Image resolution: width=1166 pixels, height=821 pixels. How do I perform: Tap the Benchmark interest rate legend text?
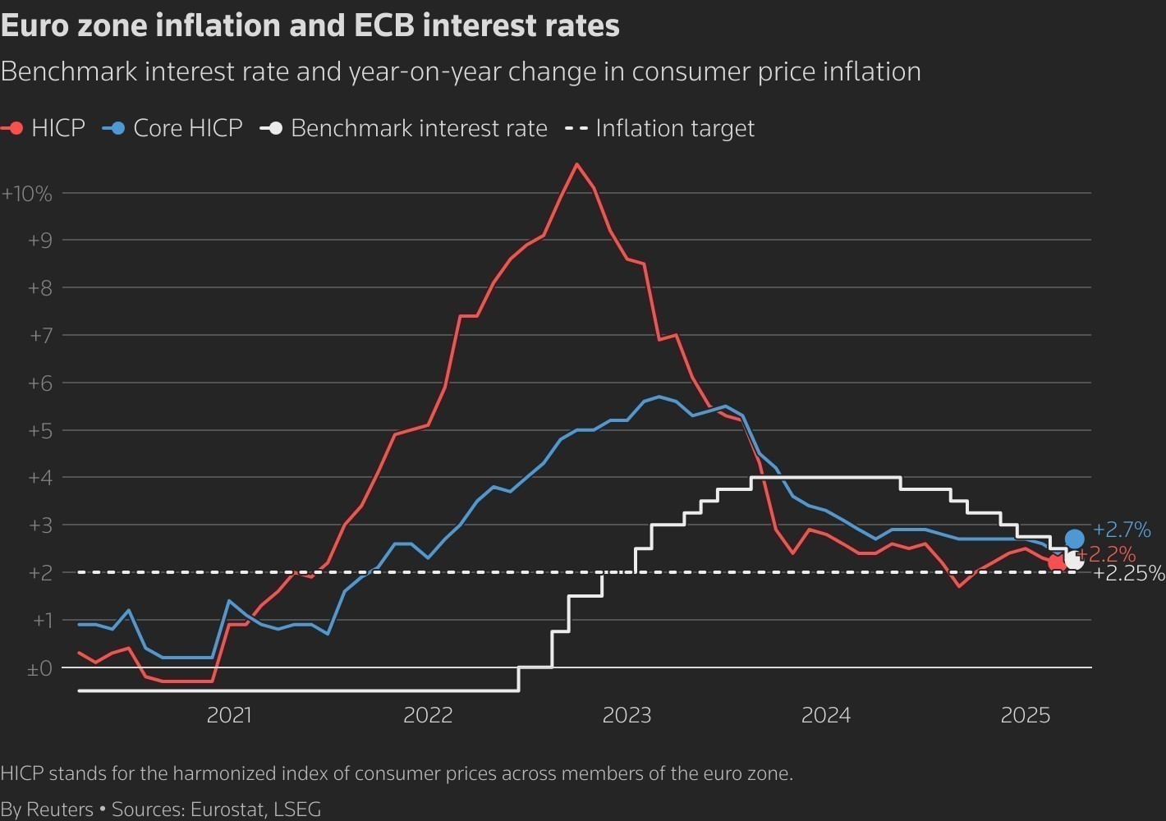[419, 128]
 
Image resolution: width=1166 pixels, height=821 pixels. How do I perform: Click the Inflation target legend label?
[674, 128]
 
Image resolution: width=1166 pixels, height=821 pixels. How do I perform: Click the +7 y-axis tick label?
[40, 335]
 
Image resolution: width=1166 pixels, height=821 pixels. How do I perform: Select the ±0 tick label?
[39, 668]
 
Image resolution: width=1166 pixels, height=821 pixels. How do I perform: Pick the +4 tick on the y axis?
[40, 477]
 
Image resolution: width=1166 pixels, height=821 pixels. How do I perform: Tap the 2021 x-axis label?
[229, 715]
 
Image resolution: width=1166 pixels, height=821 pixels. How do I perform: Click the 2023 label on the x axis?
[627, 715]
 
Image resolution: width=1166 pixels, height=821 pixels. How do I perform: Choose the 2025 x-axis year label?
[1025, 715]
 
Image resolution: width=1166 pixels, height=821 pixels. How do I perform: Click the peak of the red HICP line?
[576, 164]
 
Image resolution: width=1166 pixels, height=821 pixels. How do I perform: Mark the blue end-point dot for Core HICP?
[1074, 539]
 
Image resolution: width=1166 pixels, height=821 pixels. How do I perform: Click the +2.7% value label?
[1122, 530]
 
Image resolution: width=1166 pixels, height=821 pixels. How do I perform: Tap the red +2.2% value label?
[1110, 554]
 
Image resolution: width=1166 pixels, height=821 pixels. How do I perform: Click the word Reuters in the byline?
[60, 809]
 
